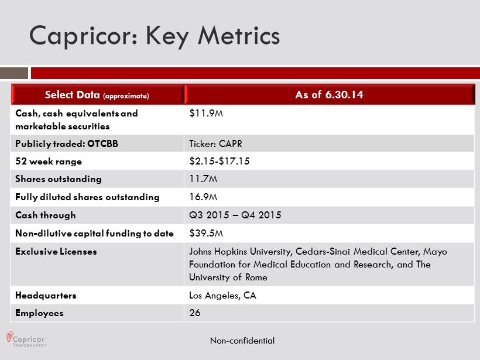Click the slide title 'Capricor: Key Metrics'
point(155,36)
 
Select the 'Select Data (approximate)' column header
point(97,95)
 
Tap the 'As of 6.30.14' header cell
point(329,95)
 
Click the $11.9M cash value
point(206,114)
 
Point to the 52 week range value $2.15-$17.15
point(220,161)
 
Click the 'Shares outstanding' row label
point(58,179)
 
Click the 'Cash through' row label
point(45,215)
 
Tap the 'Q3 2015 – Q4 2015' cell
point(235,215)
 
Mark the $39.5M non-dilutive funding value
point(206,233)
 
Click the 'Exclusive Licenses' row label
point(56,252)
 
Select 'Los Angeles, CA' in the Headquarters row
point(222,296)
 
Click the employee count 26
point(195,313)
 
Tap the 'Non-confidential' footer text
point(242,341)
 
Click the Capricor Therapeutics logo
point(25,340)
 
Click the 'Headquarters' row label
point(46,296)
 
